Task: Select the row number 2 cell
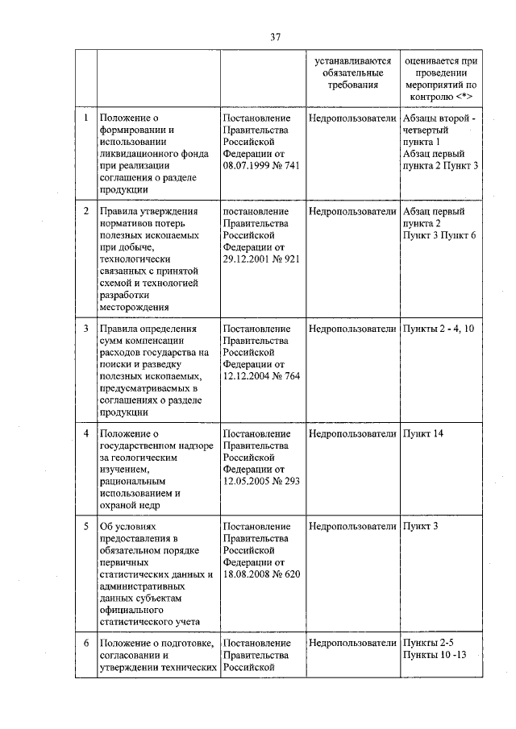click(x=86, y=211)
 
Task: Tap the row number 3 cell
click(x=86, y=329)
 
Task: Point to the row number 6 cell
click(x=86, y=643)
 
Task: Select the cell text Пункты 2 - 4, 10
click(x=438, y=329)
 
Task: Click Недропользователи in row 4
click(x=352, y=434)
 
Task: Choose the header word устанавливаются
click(x=352, y=60)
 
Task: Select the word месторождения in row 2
click(x=133, y=306)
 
